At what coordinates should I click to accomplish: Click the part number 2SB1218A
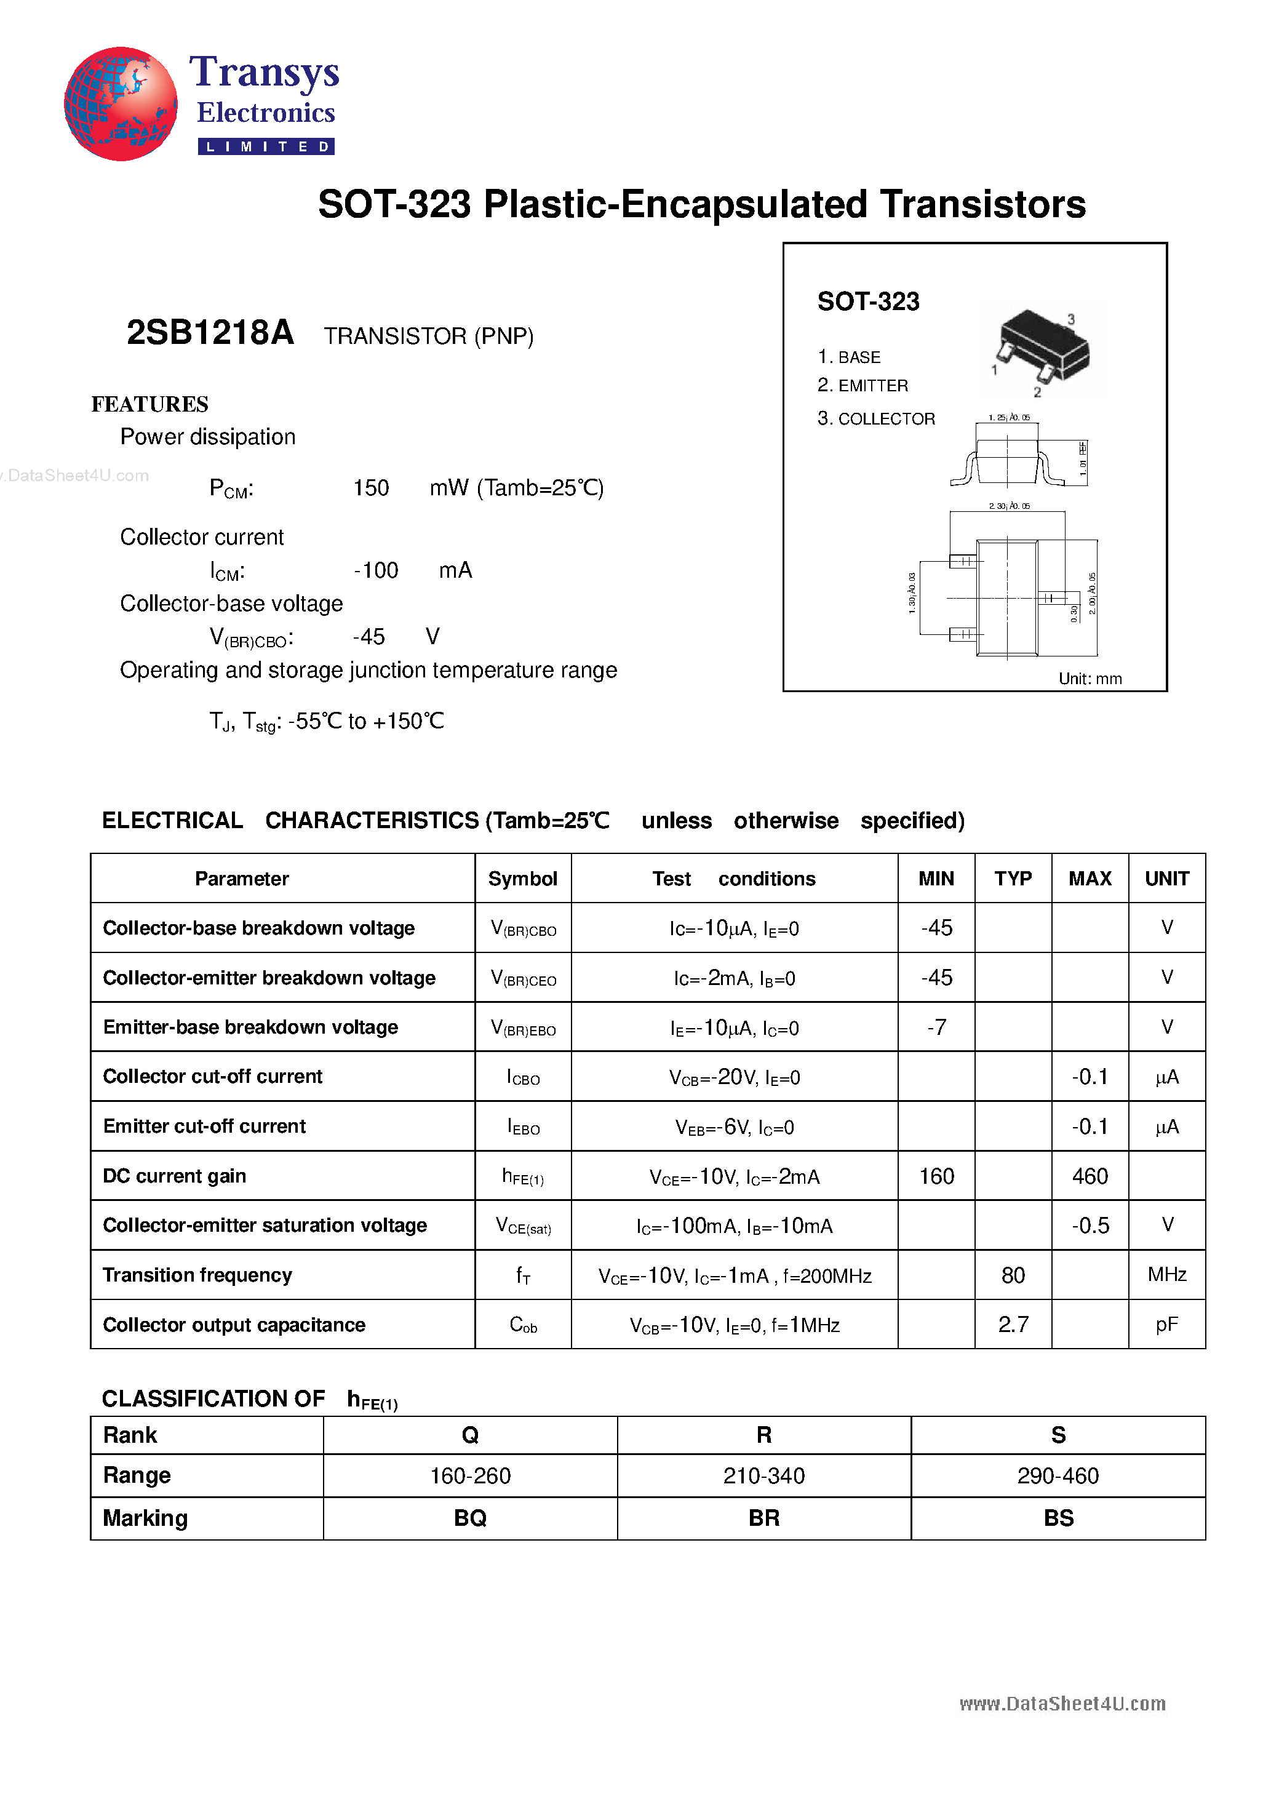tap(210, 333)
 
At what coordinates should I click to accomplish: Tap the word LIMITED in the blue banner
tap(266, 146)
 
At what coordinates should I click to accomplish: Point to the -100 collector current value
tap(376, 570)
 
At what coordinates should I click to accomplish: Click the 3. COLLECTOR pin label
tap(876, 418)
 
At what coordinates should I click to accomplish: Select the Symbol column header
tap(523, 879)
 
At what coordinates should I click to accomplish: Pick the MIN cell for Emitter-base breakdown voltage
tap(936, 1027)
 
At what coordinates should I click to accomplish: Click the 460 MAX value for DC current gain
tap(1089, 1176)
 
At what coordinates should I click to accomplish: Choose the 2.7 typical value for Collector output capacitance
tap(1013, 1324)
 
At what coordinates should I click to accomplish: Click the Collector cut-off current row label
tap(212, 1077)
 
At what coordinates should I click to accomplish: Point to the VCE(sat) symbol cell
tap(523, 1226)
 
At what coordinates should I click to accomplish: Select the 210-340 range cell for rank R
tap(764, 1476)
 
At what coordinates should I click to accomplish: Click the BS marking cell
tap(1058, 1518)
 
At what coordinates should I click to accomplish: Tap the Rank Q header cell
tap(470, 1435)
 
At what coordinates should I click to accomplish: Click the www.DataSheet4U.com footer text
tap(1062, 1704)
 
